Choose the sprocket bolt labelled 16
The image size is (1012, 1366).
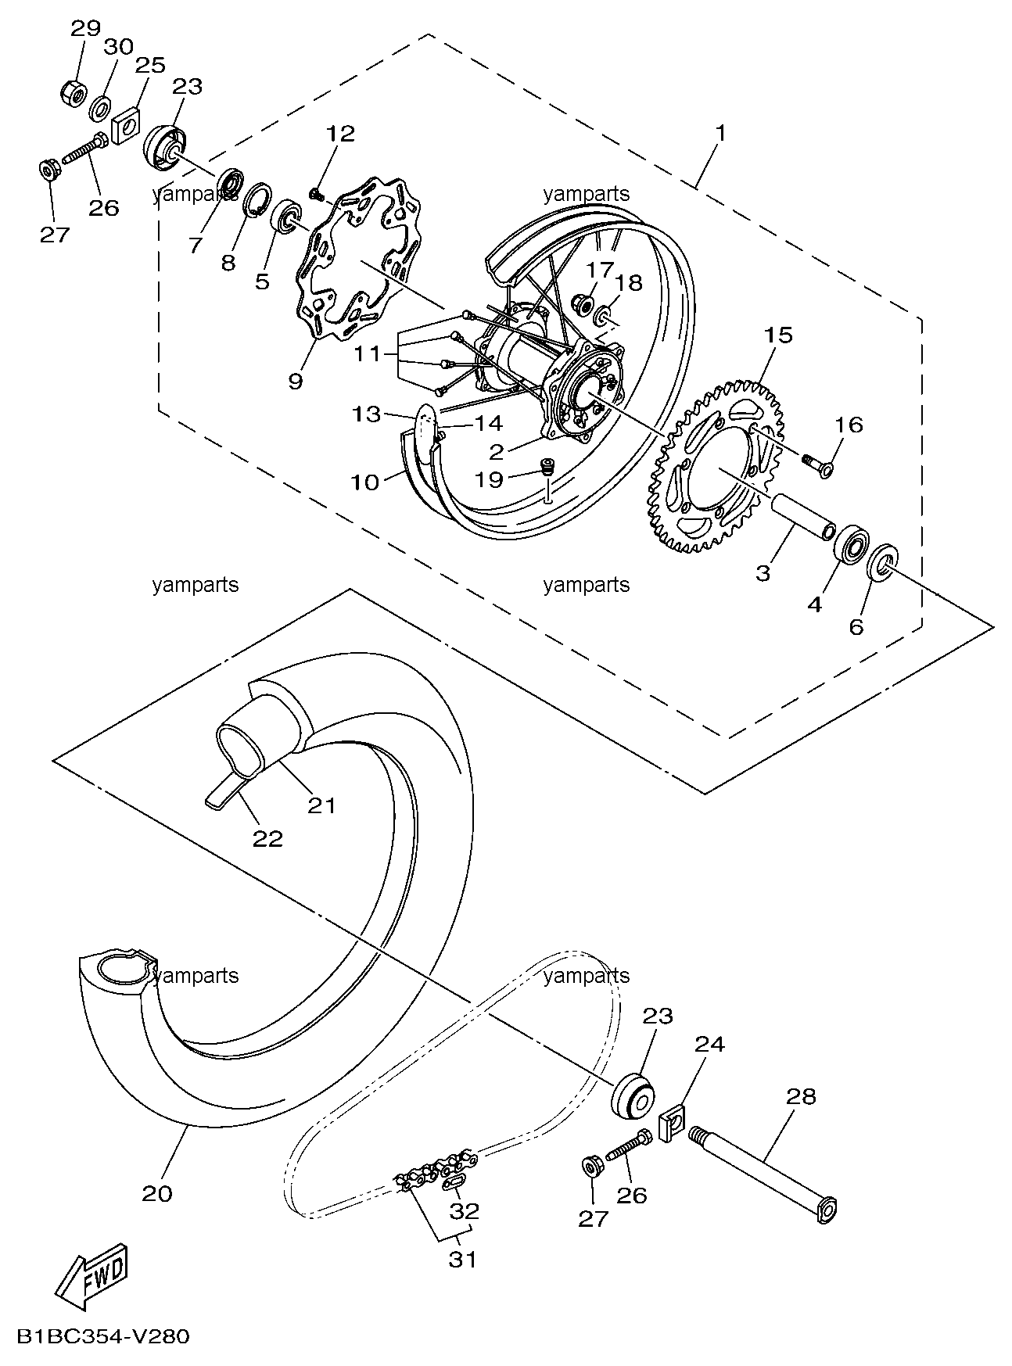[817, 464]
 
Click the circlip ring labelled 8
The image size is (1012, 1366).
[258, 203]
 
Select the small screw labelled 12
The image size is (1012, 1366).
[317, 192]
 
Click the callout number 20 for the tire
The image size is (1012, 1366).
[157, 1194]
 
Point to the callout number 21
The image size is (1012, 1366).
[321, 805]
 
